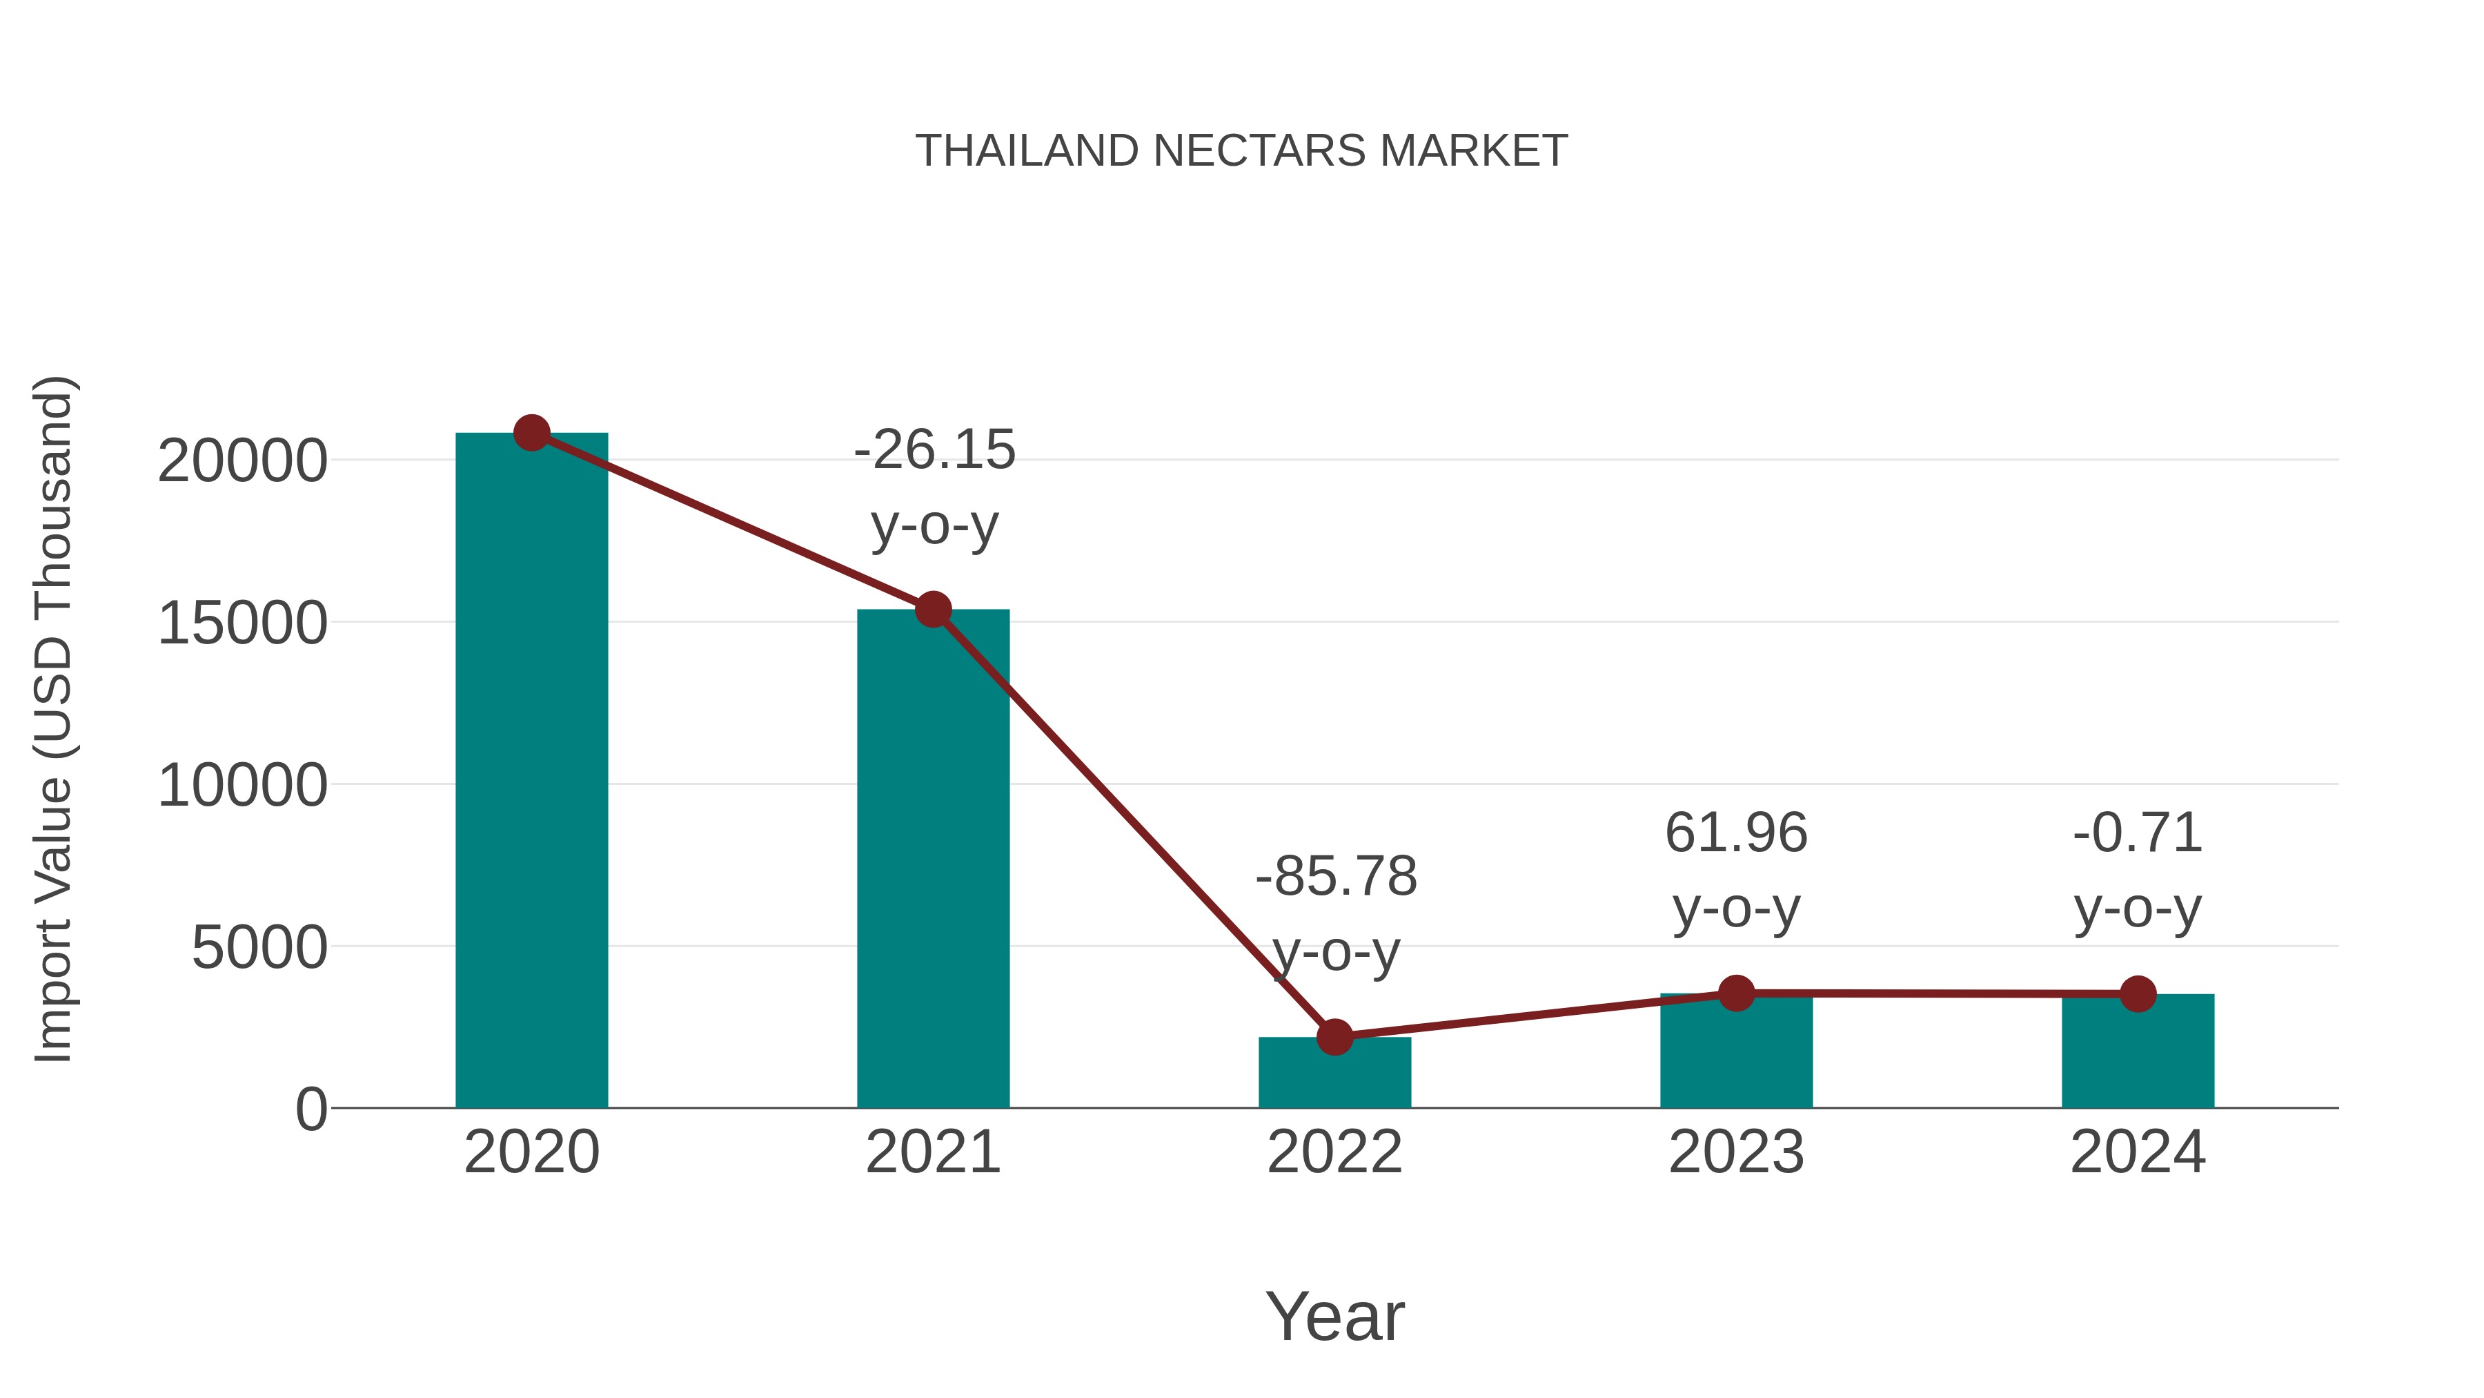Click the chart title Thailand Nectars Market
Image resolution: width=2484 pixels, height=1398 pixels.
click(1241, 151)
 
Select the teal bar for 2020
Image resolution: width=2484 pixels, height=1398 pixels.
click(531, 772)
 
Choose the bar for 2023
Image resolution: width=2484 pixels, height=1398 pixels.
click(1736, 1056)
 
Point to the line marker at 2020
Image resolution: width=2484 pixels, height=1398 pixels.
click(531, 433)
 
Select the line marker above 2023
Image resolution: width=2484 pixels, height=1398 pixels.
click(1736, 993)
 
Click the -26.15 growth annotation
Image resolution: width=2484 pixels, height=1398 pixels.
click(934, 451)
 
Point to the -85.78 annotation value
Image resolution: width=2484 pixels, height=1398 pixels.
click(1336, 877)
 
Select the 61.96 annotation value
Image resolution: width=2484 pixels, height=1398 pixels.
click(1736, 833)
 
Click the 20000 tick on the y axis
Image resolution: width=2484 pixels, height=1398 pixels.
click(242, 461)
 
